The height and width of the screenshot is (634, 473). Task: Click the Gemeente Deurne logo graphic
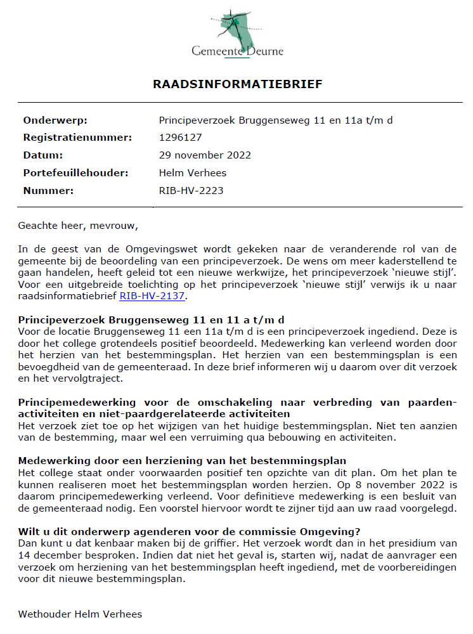235,26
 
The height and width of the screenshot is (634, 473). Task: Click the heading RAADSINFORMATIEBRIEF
236,84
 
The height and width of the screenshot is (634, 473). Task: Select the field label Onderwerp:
55,120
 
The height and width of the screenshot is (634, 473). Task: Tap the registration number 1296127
180,138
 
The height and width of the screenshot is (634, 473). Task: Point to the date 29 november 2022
205,155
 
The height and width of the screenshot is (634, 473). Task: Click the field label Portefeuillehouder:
75,173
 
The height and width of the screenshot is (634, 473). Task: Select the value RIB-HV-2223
191,190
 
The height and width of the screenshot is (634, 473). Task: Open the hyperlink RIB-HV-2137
154,295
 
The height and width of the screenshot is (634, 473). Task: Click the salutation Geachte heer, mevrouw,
77,225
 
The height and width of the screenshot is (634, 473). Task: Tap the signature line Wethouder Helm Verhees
80,614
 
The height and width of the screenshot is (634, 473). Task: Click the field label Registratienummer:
77,138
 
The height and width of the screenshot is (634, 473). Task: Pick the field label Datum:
43,155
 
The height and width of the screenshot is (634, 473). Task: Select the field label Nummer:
48,190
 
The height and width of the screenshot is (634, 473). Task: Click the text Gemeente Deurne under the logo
238,51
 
